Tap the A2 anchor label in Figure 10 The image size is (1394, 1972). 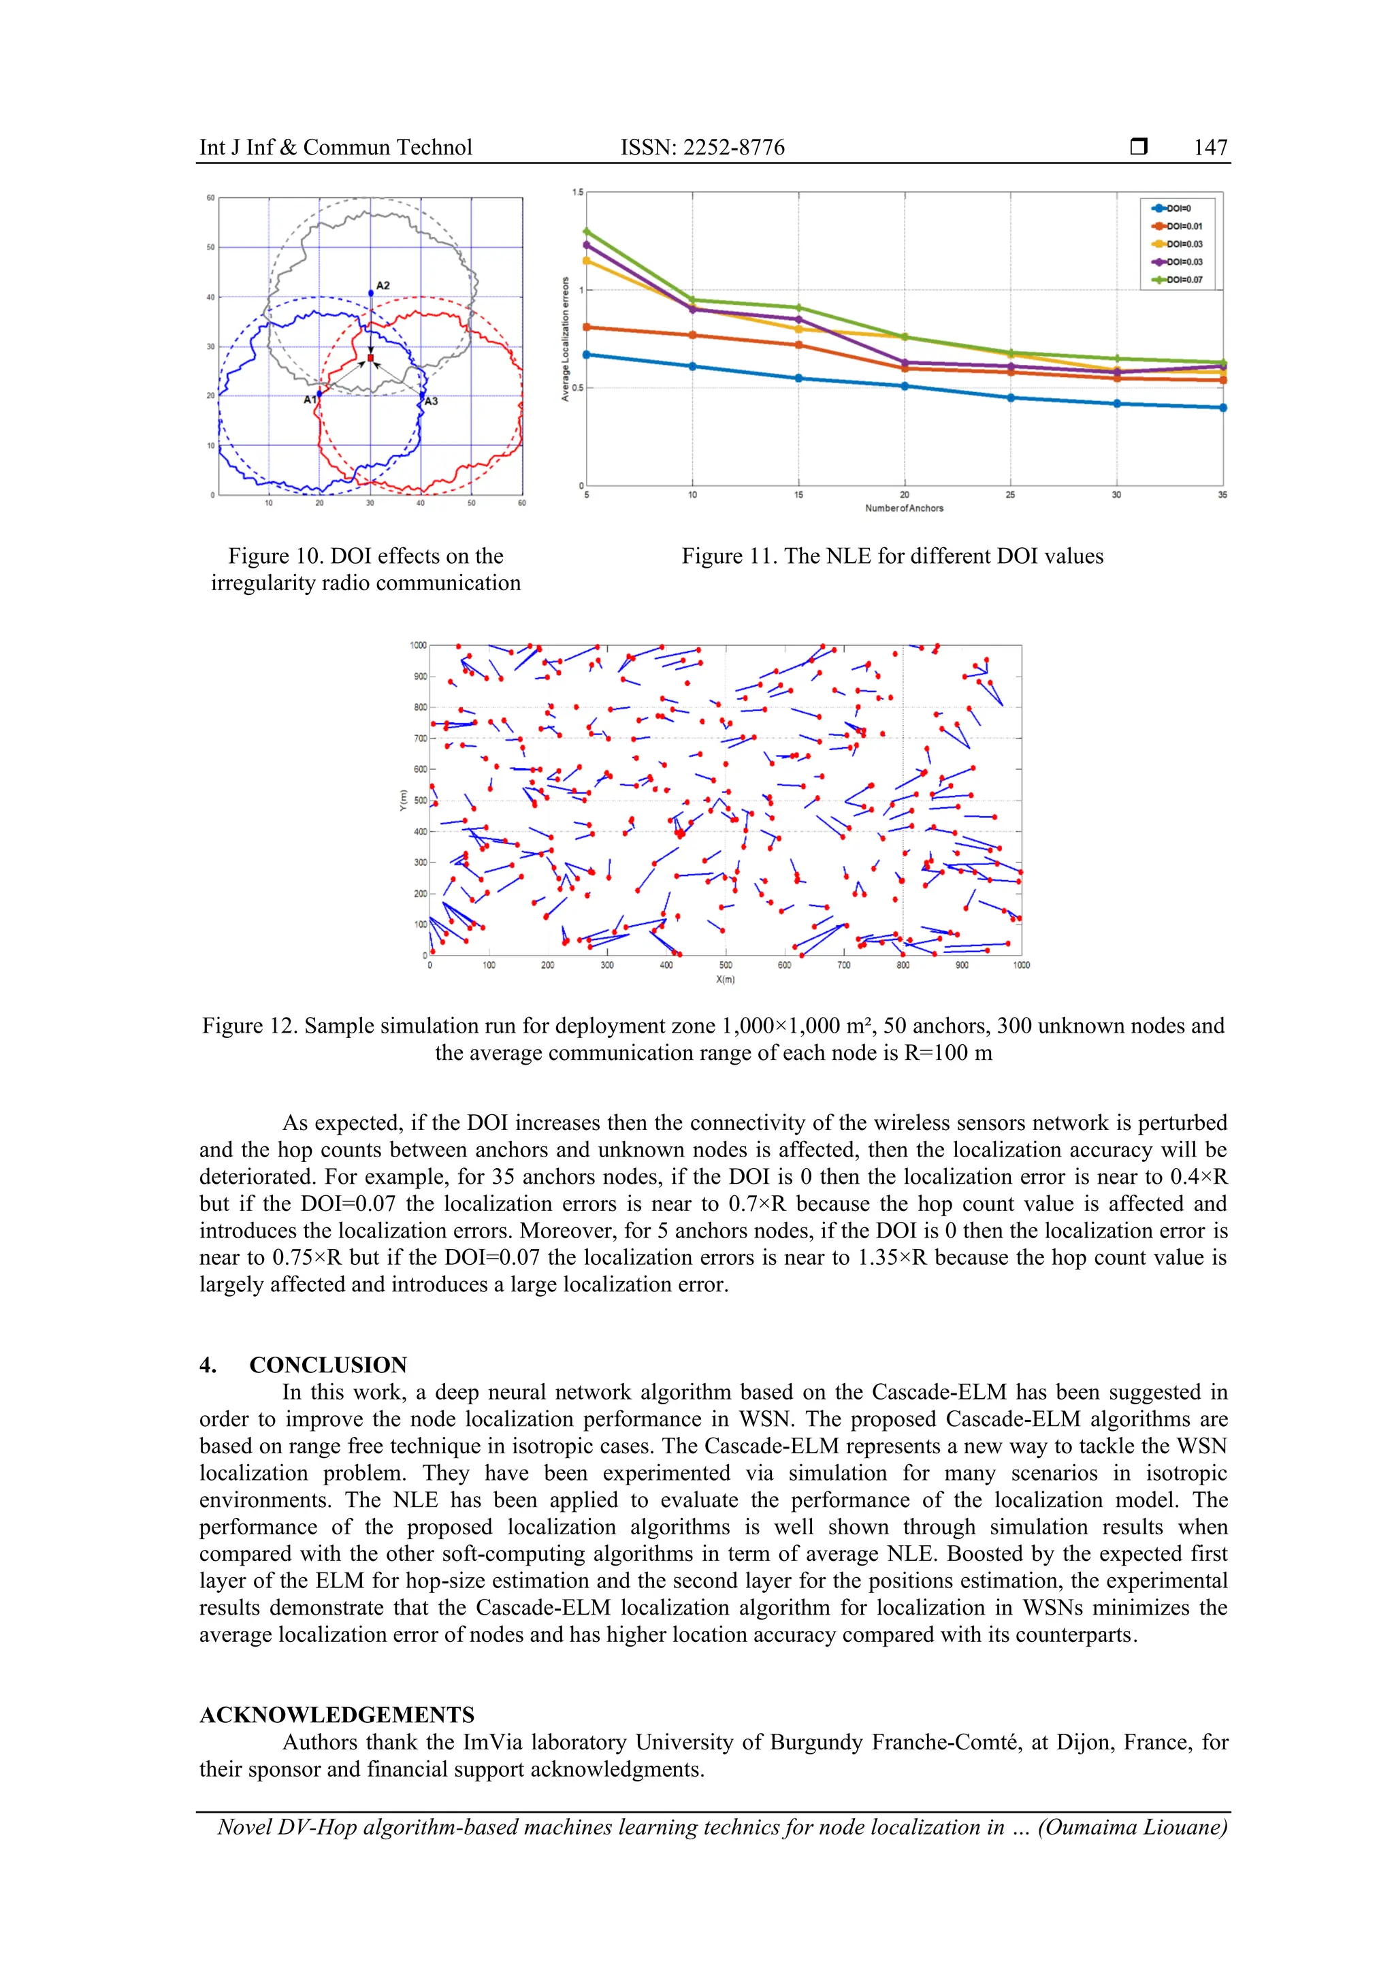[x=383, y=285]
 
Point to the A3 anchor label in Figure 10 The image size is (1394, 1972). [x=431, y=401]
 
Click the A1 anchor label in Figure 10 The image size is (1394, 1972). [x=310, y=400]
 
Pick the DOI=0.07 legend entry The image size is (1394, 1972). [x=1184, y=280]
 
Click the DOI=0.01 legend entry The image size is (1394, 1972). [x=1184, y=227]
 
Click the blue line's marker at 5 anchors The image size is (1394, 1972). [x=587, y=355]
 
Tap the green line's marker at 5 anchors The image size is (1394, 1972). [x=587, y=231]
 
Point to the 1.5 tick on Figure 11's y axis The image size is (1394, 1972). [x=577, y=193]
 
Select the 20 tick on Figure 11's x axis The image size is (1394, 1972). [x=905, y=495]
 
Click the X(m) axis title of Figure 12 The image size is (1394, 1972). [x=725, y=979]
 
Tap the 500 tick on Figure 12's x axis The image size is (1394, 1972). [x=725, y=965]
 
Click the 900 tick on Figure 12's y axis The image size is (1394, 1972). [x=419, y=677]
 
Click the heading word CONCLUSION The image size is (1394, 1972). [x=328, y=1365]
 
